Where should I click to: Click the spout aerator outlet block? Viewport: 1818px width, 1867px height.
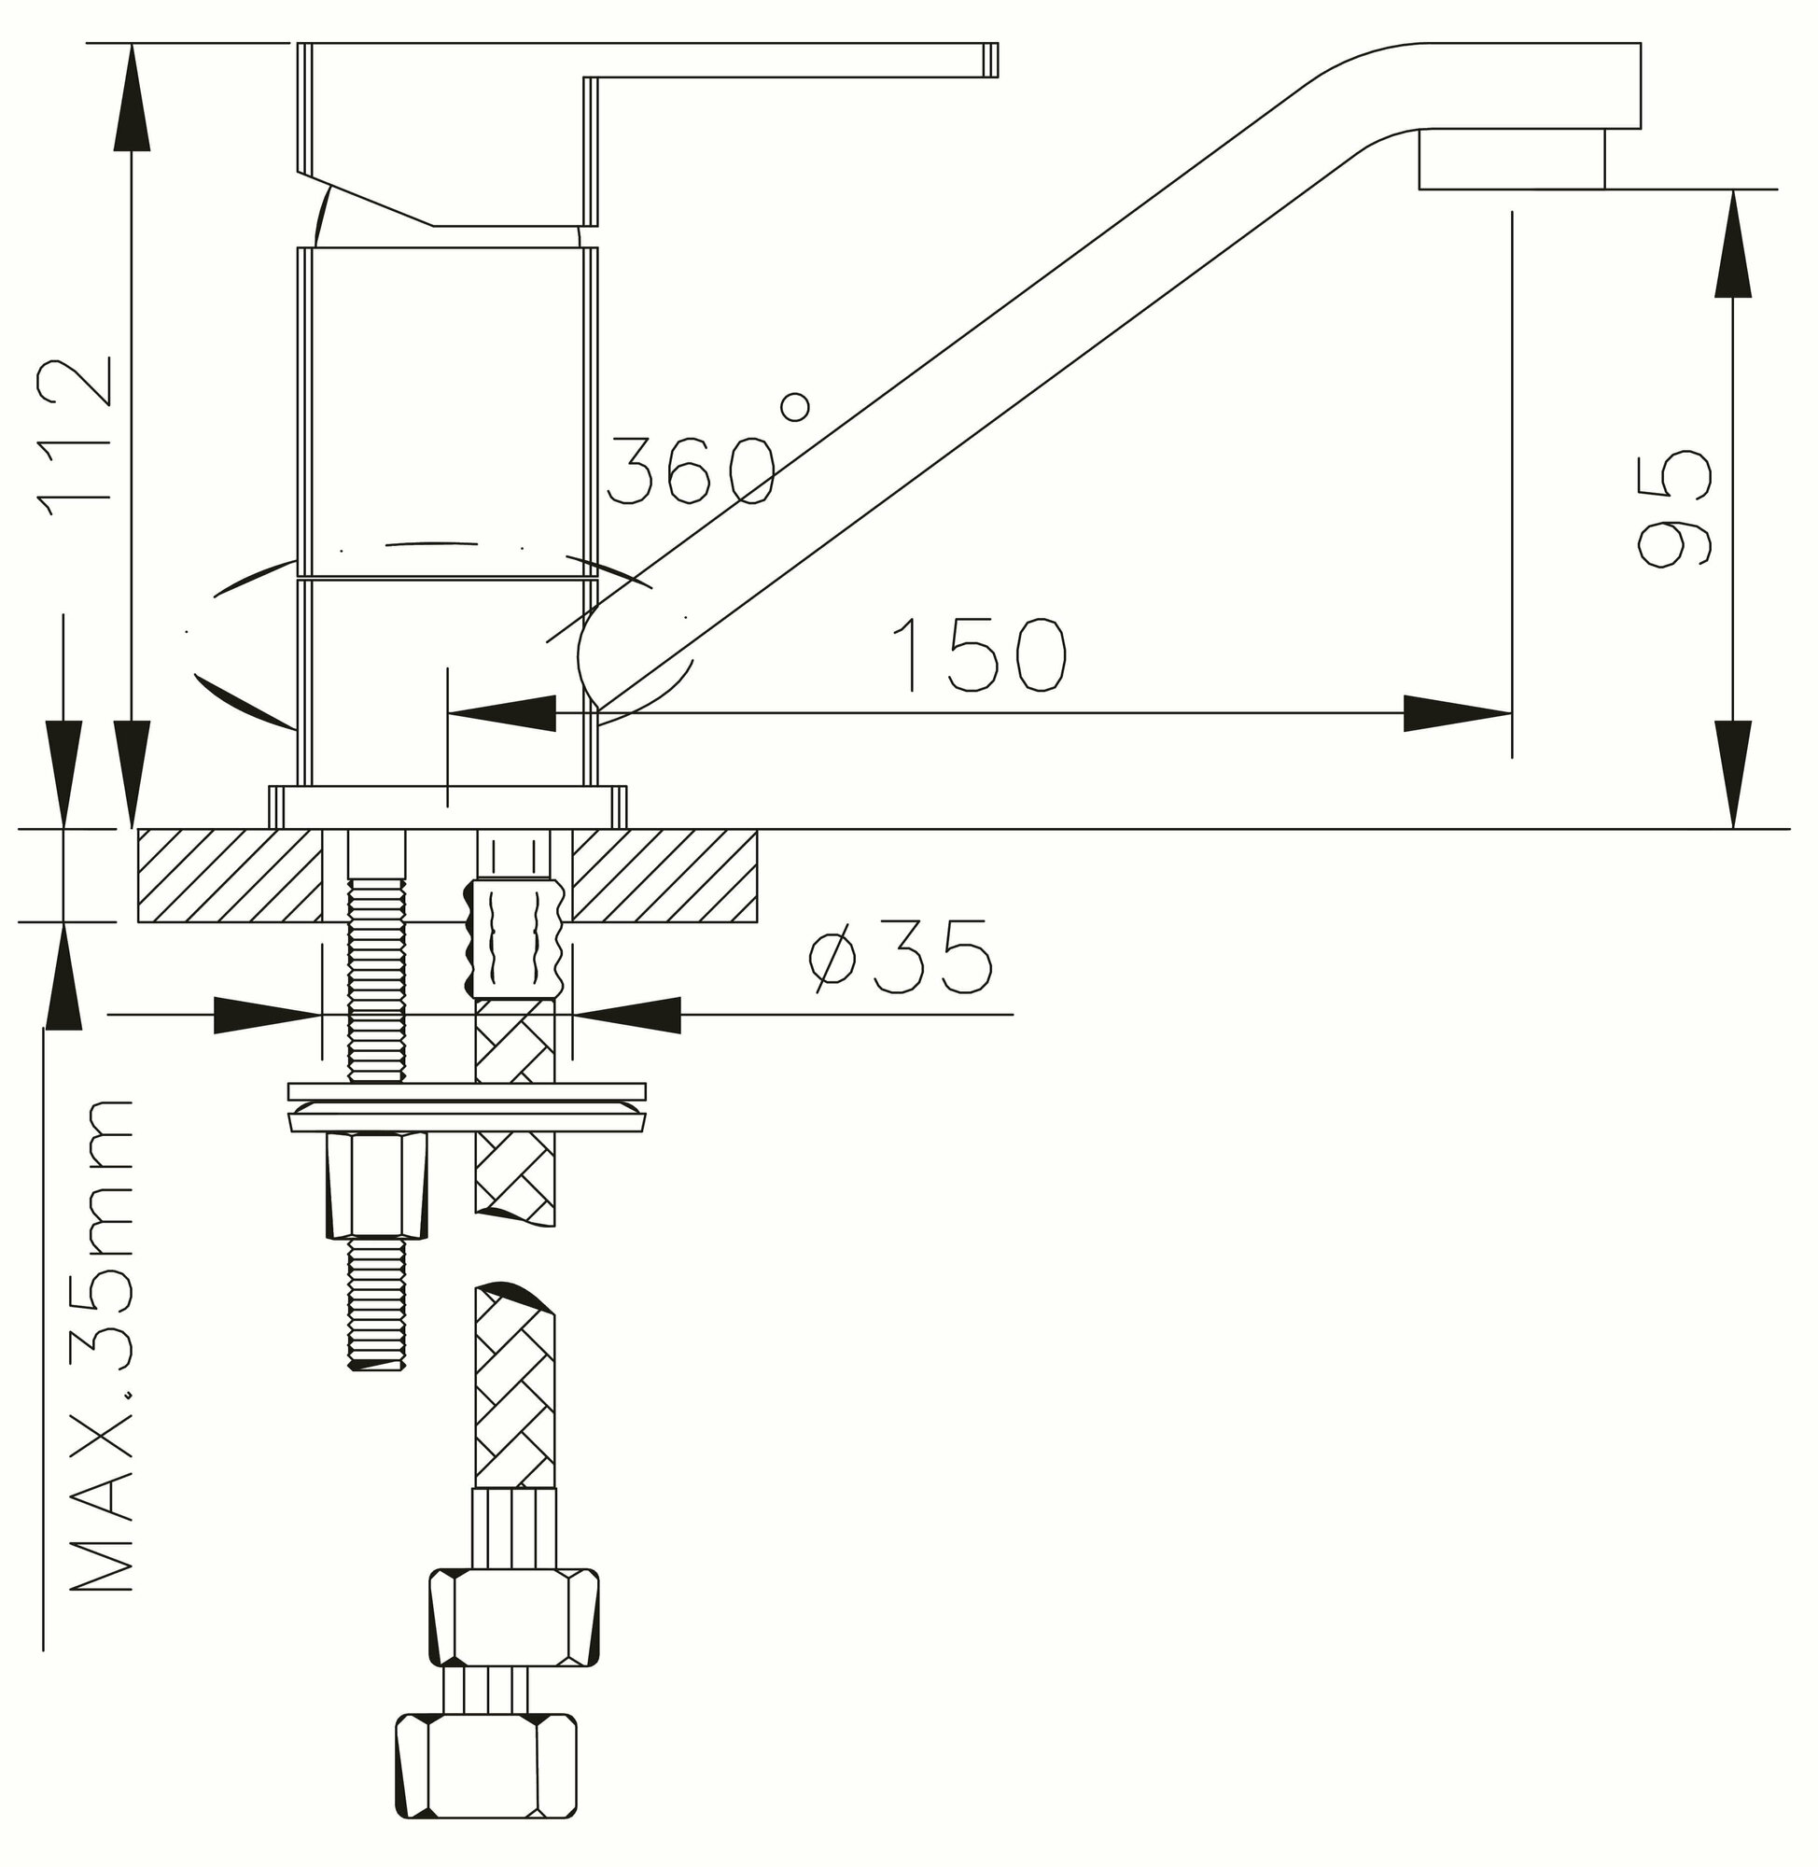tap(1511, 159)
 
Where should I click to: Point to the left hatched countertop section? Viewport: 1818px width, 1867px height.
tap(230, 875)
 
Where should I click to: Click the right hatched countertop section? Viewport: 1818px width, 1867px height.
tap(664, 875)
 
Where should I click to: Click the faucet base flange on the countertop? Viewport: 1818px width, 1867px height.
tap(448, 806)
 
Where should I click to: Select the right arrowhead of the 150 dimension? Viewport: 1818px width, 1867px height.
tap(1457, 713)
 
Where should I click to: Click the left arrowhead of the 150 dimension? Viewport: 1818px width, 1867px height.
tap(502, 713)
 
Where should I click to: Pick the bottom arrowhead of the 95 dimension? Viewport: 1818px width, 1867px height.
tap(1733, 774)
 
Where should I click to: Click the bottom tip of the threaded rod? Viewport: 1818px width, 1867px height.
tap(377, 1366)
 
